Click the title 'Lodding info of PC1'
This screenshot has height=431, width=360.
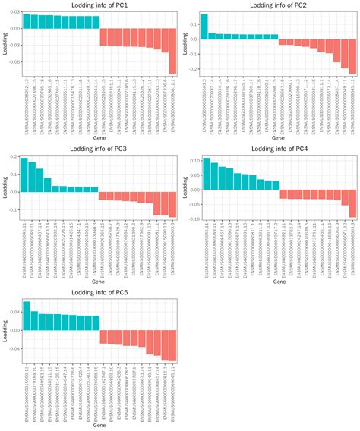[x=99, y=5]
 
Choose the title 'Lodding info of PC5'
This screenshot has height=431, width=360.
[x=99, y=292]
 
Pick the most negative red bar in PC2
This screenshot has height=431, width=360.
[x=352, y=54]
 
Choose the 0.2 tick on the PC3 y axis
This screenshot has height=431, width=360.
[x=14, y=157]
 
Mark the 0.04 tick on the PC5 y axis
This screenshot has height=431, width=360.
[x=13, y=312]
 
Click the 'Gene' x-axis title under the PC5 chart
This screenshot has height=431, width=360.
[x=99, y=426]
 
